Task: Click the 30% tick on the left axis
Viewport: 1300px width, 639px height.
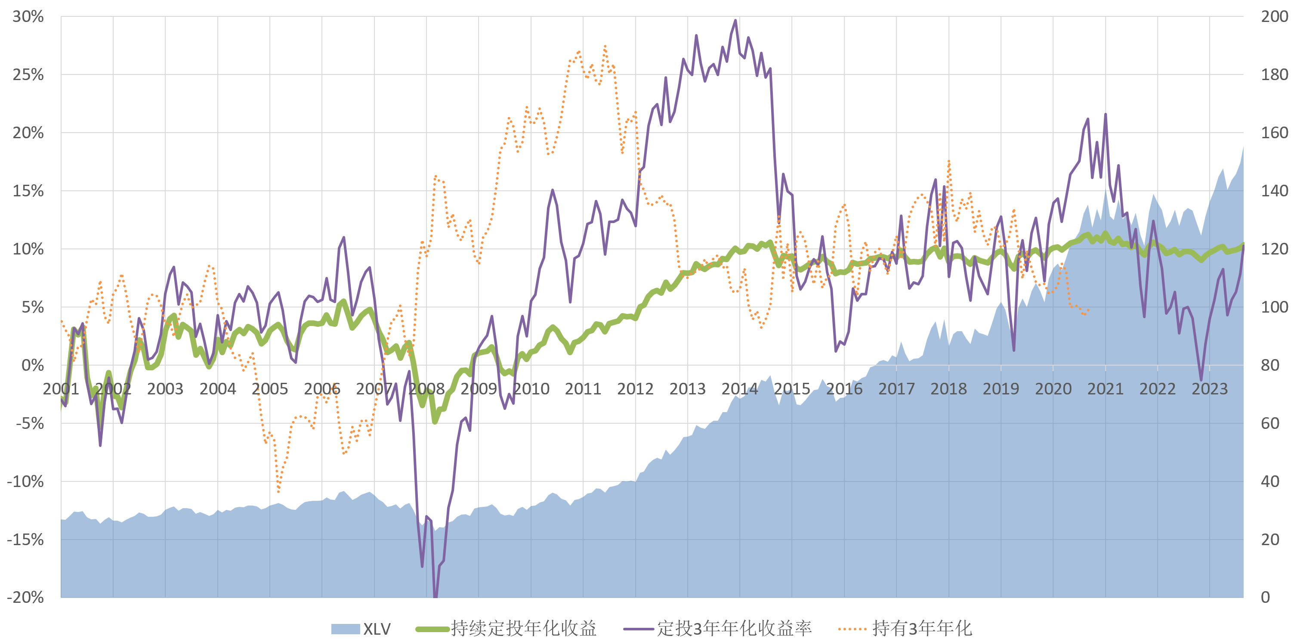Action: point(28,17)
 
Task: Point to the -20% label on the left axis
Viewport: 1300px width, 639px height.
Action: point(25,597)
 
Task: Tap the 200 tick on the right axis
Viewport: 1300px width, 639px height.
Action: point(1274,17)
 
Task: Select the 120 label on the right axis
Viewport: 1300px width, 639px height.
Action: point(1274,249)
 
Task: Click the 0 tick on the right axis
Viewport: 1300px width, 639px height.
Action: point(1265,597)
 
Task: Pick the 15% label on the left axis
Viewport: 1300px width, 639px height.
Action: point(28,191)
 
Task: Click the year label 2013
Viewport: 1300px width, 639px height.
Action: point(687,389)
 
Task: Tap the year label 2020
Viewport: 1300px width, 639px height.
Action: point(1053,389)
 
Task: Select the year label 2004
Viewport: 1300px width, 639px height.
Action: point(217,389)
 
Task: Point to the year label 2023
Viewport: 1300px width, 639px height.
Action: point(1210,389)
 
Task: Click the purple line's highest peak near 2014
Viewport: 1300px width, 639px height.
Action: point(735,21)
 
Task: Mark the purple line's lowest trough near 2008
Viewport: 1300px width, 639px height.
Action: point(435,596)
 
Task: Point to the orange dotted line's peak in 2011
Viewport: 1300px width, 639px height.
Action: point(605,47)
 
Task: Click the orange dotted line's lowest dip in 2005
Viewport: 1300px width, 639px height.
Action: point(278,491)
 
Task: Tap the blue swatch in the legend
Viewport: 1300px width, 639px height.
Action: point(345,629)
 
